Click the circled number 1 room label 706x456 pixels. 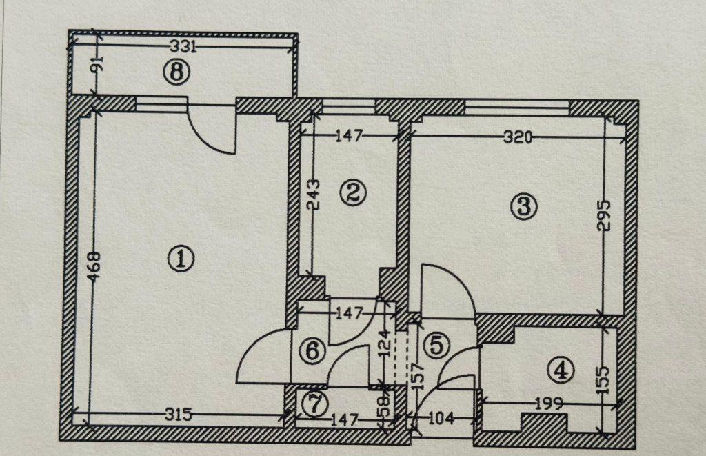point(181,259)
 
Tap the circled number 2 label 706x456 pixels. point(354,193)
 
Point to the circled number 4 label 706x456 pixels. point(561,370)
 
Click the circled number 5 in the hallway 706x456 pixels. point(436,345)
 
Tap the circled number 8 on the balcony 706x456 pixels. point(177,72)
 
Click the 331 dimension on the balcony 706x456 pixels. point(183,46)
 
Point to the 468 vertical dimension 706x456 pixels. point(94,267)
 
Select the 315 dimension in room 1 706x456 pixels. point(179,414)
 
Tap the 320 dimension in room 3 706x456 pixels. point(518,137)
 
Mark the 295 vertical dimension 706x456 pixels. point(603,215)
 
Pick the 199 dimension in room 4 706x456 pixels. point(549,404)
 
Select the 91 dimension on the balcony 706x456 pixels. point(98,63)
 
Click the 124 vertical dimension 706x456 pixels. point(383,344)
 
